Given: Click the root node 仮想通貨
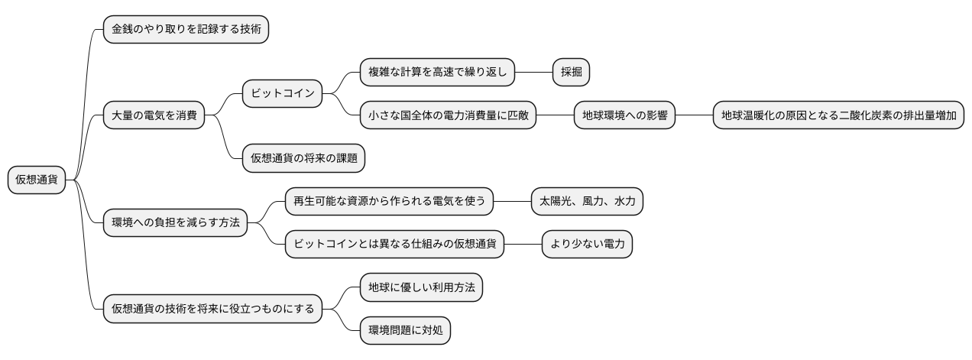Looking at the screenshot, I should pyautogui.click(x=37, y=180).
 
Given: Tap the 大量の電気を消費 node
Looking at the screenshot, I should pyautogui.click(x=154, y=115).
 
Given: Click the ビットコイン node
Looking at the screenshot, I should pyautogui.click(x=283, y=94).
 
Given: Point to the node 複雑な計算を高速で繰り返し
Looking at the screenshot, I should pyautogui.click(x=438, y=73).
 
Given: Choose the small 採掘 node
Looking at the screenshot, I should pyautogui.click(x=571, y=73).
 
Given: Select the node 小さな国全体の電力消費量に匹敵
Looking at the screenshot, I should pyautogui.click(x=449, y=116).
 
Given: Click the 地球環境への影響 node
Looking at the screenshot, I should pyautogui.click(x=624, y=116).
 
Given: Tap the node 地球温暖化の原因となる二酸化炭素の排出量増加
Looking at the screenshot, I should pyautogui.click(x=838, y=116).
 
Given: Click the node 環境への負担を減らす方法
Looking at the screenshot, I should pyautogui.click(x=176, y=223).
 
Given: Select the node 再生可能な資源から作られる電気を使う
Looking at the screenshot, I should pyautogui.click(x=389, y=202).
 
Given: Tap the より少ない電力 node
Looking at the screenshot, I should pyautogui.click(x=587, y=245).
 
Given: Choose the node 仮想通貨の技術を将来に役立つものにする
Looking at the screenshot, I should pyautogui.click(x=212, y=310).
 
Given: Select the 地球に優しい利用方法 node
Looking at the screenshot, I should pyautogui.click(x=421, y=288).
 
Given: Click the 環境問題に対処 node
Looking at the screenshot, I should pyautogui.click(x=405, y=331).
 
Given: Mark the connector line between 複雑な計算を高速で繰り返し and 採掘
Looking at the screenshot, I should pyautogui.click(x=533, y=73).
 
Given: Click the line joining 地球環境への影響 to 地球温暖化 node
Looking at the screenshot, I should pyautogui.click(x=694, y=116).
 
